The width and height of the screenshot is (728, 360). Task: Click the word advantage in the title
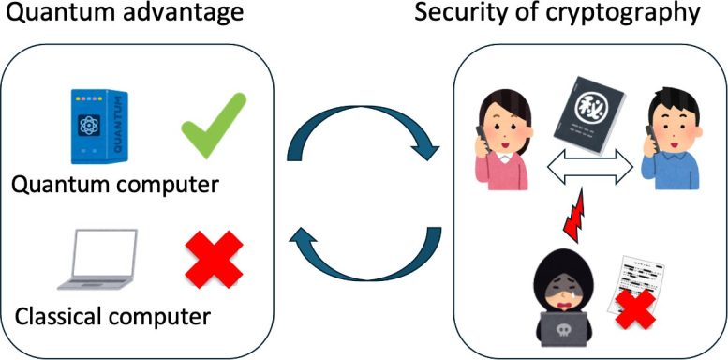tap(188, 15)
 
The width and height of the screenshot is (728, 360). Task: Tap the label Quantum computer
tap(114, 184)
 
